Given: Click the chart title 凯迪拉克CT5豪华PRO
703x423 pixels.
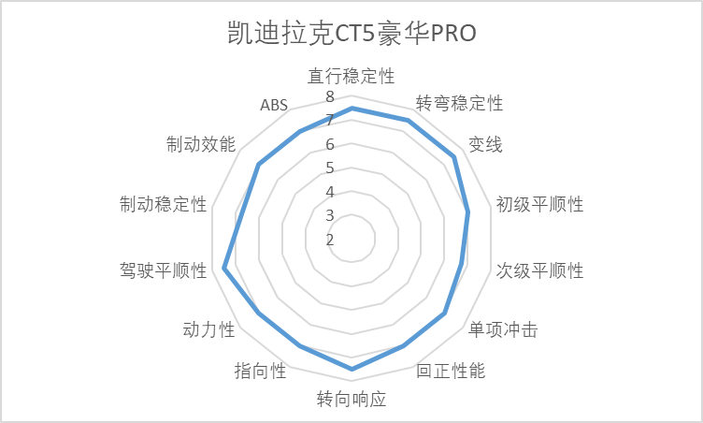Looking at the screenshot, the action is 351,33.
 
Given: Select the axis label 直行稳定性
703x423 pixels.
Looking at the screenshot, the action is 351,76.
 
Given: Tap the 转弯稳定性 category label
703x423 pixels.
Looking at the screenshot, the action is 459,103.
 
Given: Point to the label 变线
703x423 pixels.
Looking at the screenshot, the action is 485,145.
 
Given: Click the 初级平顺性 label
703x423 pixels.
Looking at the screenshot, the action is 539,204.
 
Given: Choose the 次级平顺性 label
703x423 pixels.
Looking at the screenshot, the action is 539,270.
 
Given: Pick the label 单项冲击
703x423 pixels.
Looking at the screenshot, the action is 503,330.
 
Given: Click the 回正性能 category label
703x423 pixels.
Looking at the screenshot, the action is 451,371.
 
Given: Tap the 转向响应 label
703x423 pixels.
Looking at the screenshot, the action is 351,399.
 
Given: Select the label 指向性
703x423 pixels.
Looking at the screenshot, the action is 260,371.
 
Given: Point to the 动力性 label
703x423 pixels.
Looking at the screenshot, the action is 208,330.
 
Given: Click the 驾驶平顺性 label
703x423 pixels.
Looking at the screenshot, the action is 164,270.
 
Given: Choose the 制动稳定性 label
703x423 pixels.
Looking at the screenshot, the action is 164,204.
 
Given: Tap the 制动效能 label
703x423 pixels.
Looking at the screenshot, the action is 201,145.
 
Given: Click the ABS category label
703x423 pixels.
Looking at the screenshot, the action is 274,105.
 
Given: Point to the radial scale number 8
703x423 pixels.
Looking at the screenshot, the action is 330,96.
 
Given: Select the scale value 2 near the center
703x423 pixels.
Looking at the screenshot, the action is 330,240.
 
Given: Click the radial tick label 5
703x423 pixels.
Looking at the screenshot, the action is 330,168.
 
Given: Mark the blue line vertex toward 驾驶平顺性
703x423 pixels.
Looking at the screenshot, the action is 223,269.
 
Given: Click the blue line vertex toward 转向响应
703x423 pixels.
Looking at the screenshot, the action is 351,369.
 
